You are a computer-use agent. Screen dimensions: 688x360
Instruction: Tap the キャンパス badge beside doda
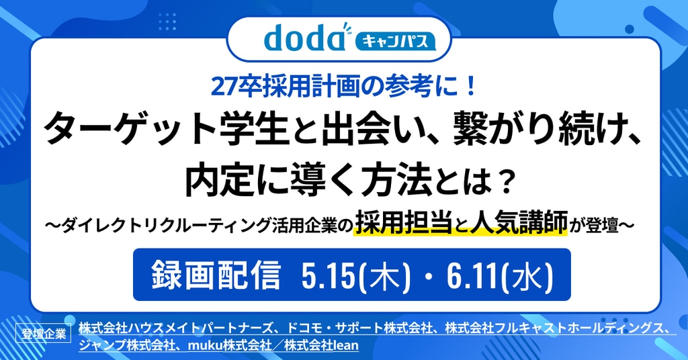click(395, 41)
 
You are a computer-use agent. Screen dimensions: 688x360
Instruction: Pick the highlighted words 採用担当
click(404, 222)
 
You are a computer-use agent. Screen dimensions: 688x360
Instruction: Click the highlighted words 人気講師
click(519, 222)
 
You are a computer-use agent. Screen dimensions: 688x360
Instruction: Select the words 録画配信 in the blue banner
click(216, 275)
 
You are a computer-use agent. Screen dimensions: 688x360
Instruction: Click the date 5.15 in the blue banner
click(329, 275)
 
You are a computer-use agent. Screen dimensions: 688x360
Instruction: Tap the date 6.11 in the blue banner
click(472, 275)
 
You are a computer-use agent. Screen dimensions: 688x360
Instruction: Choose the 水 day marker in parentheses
click(527, 275)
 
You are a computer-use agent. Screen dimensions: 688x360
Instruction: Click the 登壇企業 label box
click(44, 333)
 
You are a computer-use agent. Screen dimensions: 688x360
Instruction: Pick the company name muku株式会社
click(230, 345)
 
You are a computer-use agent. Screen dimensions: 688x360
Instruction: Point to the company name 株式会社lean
click(321, 345)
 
